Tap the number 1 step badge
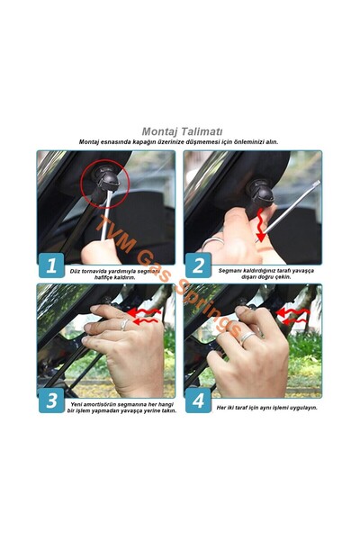pyautogui.click(x=52, y=265)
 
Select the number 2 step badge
pyautogui.click(x=199, y=265)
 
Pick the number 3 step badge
pyautogui.click(x=52, y=399)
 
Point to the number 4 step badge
pyautogui.click(x=199, y=399)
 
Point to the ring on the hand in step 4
pyautogui.click(x=246, y=338)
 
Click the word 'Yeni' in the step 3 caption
pyautogui.click(x=76, y=403)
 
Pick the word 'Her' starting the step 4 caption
pyautogui.click(x=221, y=408)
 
